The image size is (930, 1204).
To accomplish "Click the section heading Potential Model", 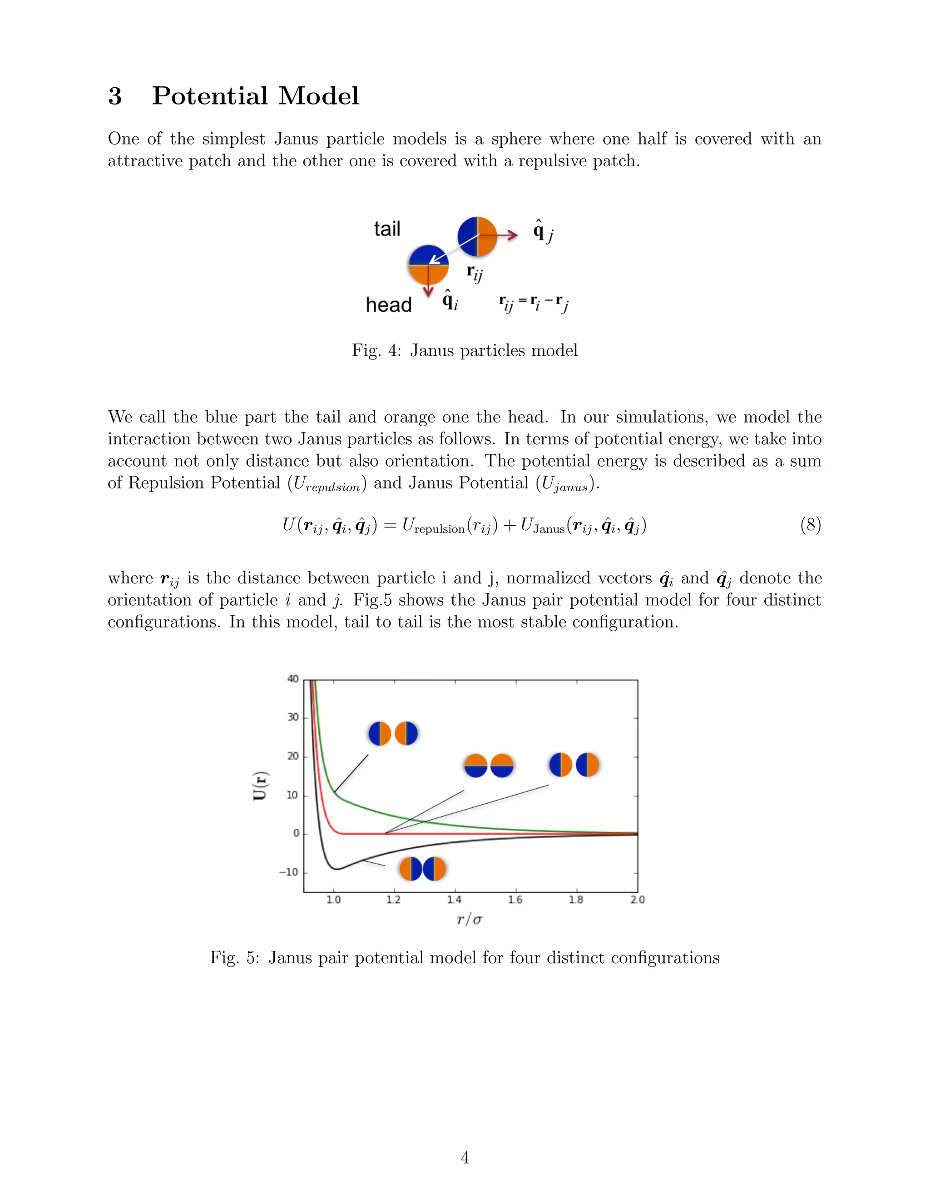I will [x=255, y=96].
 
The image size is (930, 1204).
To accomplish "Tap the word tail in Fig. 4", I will [x=387, y=229].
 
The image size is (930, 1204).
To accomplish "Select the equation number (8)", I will [x=810, y=524].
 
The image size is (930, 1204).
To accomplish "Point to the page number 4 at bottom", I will [x=465, y=1157].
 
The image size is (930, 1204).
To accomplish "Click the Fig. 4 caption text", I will [x=465, y=351].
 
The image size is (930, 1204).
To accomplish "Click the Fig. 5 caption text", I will [x=465, y=958].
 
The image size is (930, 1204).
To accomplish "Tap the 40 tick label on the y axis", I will [x=292, y=679].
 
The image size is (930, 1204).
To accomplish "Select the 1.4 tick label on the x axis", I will [x=454, y=900].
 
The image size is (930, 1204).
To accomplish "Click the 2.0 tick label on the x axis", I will [x=637, y=900].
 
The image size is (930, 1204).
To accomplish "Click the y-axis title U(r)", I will [x=259, y=785].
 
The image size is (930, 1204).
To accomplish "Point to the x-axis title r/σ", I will [x=470, y=920].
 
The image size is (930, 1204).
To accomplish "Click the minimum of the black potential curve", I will [x=337, y=869].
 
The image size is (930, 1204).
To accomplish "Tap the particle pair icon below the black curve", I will [x=423, y=869].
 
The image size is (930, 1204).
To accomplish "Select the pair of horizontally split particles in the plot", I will [x=489, y=766].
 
